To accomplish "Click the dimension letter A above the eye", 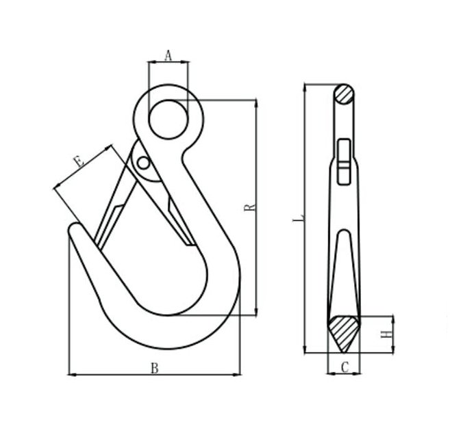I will (x=168, y=55).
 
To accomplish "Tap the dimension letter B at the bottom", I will (x=155, y=368).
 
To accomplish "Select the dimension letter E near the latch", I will (x=78, y=162).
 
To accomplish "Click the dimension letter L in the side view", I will (x=297, y=219).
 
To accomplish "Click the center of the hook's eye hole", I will (x=168, y=118).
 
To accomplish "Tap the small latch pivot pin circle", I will (x=142, y=163).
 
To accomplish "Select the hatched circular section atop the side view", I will (x=344, y=94).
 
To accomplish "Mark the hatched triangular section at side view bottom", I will (x=344, y=332).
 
